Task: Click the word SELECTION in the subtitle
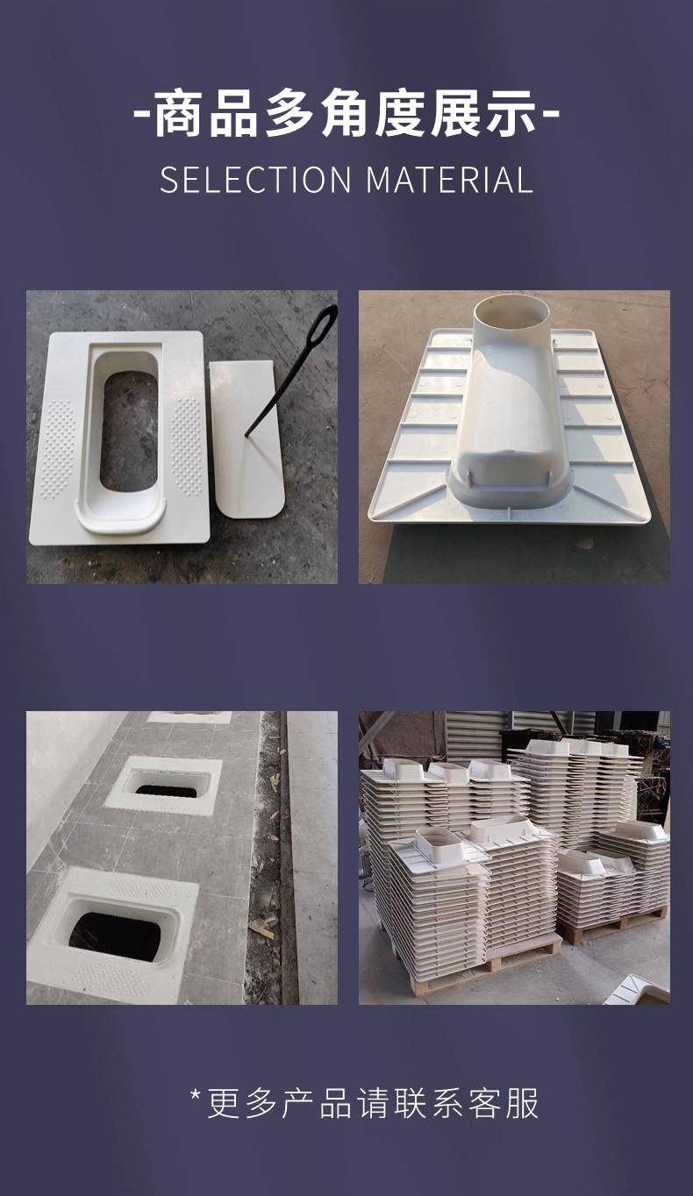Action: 256,180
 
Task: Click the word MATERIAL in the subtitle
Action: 450,180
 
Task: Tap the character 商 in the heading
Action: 178,114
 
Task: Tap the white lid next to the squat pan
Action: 246,438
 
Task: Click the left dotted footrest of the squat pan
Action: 58,448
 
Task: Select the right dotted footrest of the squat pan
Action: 187,446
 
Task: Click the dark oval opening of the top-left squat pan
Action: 129,431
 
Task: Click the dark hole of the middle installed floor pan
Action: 166,790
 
